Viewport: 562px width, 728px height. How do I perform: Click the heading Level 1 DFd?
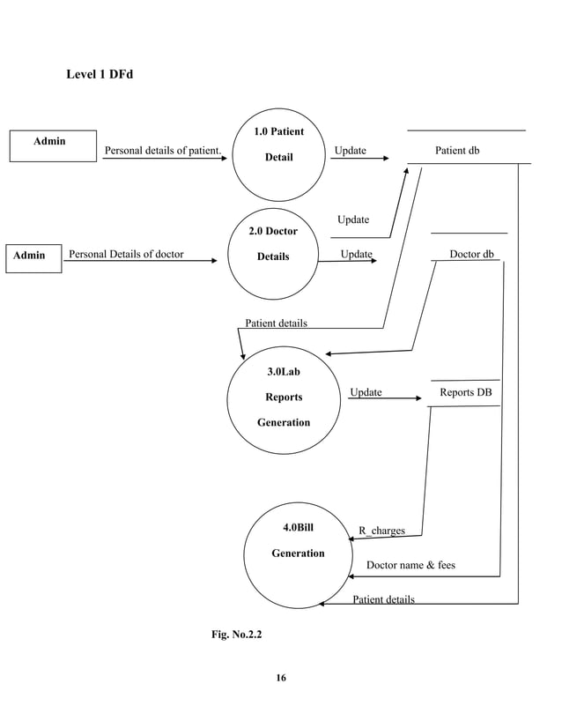(100, 74)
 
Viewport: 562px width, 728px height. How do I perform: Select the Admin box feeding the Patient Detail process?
(53, 145)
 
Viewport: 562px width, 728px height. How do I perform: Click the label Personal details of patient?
(163, 151)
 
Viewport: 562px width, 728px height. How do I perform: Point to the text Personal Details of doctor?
(126, 255)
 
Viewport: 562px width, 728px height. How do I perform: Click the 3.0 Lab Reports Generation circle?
(283, 397)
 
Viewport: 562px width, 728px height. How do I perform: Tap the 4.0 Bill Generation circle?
(298, 553)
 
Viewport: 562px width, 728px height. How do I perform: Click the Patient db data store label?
(457, 151)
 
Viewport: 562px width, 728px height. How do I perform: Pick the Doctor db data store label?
(471, 255)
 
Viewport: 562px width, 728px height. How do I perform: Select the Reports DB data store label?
(466, 392)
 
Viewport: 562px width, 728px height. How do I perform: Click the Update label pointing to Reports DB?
(366, 392)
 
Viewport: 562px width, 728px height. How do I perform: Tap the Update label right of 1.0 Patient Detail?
(350, 151)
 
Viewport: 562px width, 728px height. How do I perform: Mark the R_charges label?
(381, 531)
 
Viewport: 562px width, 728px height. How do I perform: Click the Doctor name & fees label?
(410, 565)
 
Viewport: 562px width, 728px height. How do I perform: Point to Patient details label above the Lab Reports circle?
(276, 323)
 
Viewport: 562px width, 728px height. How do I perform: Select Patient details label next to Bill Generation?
(383, 600)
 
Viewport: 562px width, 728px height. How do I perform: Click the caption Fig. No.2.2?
(236, 634)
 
